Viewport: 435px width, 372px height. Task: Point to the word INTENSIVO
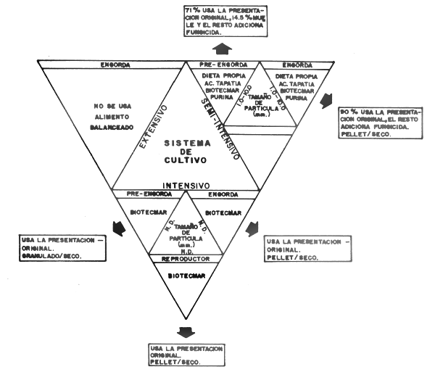[186, 185]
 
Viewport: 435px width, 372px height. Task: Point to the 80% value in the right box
[346, 112]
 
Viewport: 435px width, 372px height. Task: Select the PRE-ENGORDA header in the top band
[223, 65]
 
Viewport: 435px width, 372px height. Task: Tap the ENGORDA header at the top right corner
[297, 65]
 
